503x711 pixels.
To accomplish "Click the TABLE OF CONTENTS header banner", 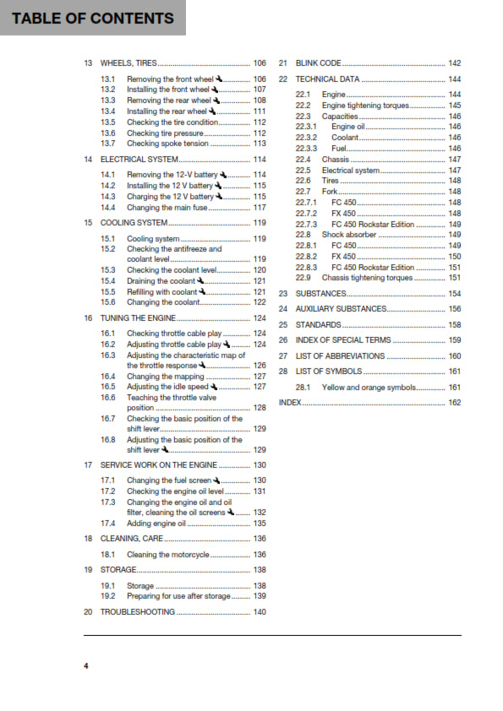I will (93, 18).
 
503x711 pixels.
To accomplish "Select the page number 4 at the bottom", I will (85, 666).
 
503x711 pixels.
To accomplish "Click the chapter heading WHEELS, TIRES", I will (128, 63).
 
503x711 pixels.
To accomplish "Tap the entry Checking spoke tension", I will (167, 144).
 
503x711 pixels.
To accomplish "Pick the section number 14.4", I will (107, 207).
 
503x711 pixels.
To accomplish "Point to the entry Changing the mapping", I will (162, 377).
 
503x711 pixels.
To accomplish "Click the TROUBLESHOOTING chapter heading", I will (138, 611).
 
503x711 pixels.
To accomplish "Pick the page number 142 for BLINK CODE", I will (454, 63).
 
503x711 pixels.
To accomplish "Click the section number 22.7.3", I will (306, 225).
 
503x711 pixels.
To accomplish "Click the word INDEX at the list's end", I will (290, 403).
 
